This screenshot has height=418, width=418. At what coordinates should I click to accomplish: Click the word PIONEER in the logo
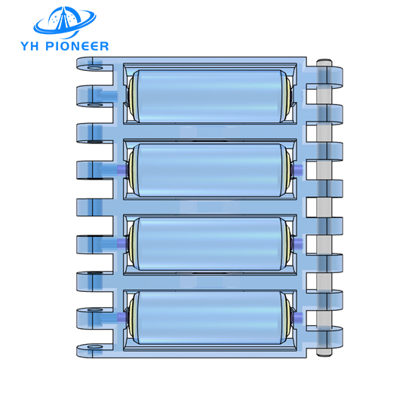77,46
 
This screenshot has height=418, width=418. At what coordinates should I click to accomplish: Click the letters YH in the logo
31,46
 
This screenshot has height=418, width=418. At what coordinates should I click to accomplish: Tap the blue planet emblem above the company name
65,22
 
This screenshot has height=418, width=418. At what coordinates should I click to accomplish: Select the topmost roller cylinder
209,96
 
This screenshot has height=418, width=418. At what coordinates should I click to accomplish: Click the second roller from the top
209,170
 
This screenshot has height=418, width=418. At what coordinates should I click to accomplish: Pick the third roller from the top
209,244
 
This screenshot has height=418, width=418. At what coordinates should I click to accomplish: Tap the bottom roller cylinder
209,318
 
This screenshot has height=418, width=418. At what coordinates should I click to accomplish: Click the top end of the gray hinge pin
324,61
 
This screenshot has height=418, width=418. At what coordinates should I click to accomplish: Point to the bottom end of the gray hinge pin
324,354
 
